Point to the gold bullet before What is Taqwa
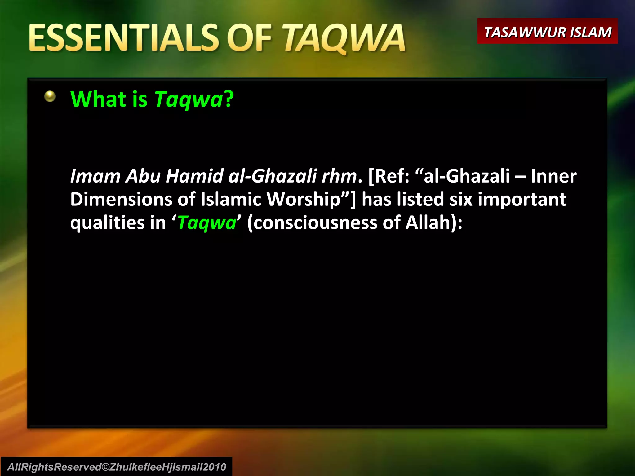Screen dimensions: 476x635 pyautogui.click(x=50, y=96)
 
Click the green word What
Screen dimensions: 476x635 pyautogui.click(x=98, y=99)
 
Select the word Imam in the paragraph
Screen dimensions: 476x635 pyautogui.click(x=95, y=176)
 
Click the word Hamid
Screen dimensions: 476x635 pyautogui.click(x=194, y=176)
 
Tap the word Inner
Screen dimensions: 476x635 pyautogui.click(x=553, y=176)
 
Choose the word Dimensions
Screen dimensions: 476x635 pyautogui.click(x=121, y=199)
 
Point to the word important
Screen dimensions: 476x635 pyautogui.click(x=522, y=199)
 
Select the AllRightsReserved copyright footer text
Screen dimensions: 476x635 pyautogui.click(x=117, y=467)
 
